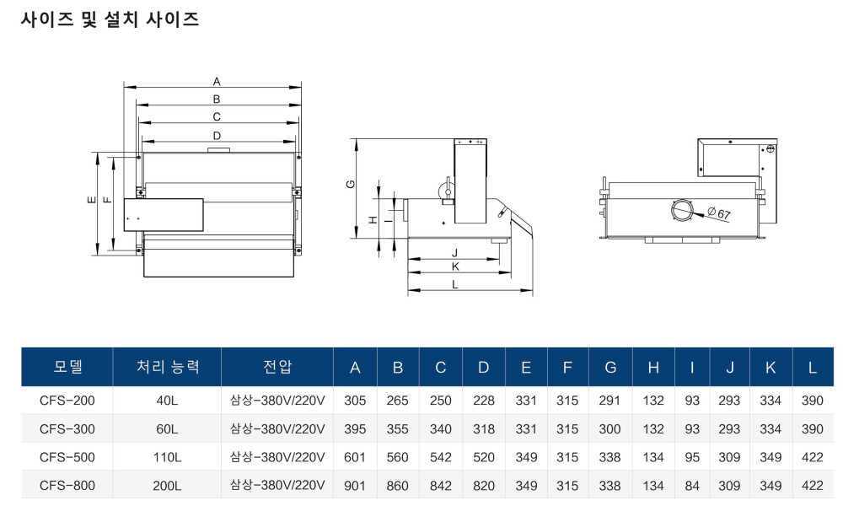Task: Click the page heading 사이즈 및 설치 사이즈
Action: point(110,19)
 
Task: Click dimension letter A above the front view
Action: point(217,82)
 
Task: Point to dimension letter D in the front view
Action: point(217,135)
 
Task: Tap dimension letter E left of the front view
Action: point(90,201)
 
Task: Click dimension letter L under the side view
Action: point(455,285)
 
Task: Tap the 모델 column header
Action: point(67,367)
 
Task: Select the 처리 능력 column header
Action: point(167,367)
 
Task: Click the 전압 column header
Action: point(277,367)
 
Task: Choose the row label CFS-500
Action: point(67,457)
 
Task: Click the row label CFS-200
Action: point(67,401)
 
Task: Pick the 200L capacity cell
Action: point(167,486)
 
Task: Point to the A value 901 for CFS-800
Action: point(355,486)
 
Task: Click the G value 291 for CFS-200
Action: point(610,401)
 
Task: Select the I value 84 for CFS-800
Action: point(692,486)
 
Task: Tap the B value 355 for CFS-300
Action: point(397,429)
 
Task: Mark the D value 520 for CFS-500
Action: point(483,457)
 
